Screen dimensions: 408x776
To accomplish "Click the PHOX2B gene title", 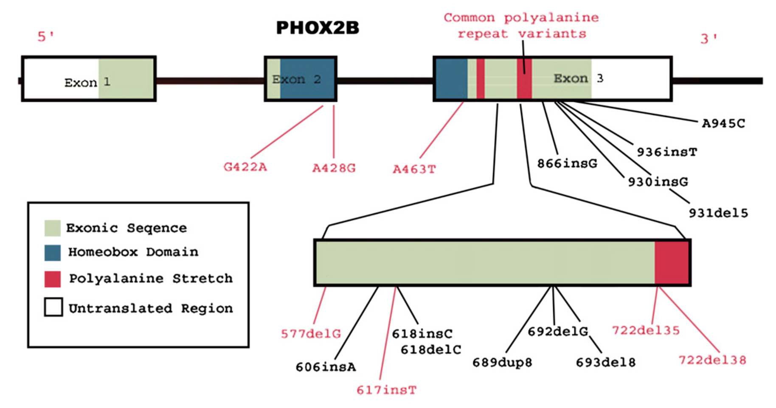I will coord(318,28).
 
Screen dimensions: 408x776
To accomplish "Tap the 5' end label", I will coord(45,36).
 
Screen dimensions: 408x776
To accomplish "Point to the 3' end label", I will coord(709,39).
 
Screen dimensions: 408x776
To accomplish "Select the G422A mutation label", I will coord(245,167).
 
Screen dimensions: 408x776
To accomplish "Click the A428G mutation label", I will coord(334,168).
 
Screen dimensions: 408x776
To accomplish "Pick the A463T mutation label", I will coord(414,170).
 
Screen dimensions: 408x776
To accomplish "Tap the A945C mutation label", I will coord(723,123).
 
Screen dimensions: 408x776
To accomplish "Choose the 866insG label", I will coord(567,163).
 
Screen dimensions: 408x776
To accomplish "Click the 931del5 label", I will coord(718,213).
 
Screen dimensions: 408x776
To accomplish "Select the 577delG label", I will coord(311,334).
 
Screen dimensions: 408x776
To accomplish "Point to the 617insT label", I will coord(386,390).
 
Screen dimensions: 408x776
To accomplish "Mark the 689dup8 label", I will coord(502,363).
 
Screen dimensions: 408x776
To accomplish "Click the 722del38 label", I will coord(712,360).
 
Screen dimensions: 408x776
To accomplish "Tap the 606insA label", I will coord(326,367).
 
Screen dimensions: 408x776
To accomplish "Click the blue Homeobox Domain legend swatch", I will coord(53,253).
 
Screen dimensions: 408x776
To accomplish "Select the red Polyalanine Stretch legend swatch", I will coord(53,279).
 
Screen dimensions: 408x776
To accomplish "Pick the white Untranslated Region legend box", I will coord(53,307).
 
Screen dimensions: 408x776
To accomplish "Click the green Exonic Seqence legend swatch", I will coord(53,228).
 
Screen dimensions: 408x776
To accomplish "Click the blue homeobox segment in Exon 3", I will coord(451,79).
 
